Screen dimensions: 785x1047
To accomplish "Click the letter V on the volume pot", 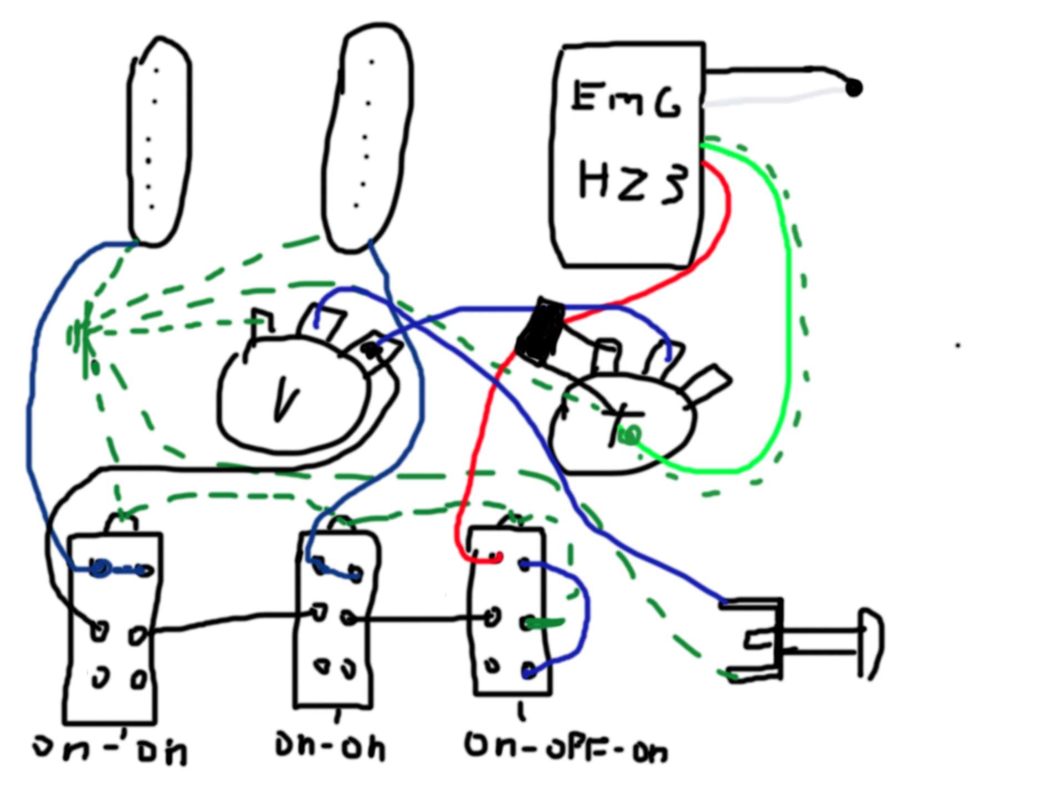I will point(285,398).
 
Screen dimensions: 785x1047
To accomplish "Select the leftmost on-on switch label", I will point(111,749).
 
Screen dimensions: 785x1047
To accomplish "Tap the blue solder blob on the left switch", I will point(100,568).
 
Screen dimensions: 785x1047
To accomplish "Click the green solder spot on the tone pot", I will point(630,435).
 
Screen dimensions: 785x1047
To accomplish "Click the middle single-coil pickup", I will point(367,138).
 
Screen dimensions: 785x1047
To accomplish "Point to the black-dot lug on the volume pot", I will point(370,349).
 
